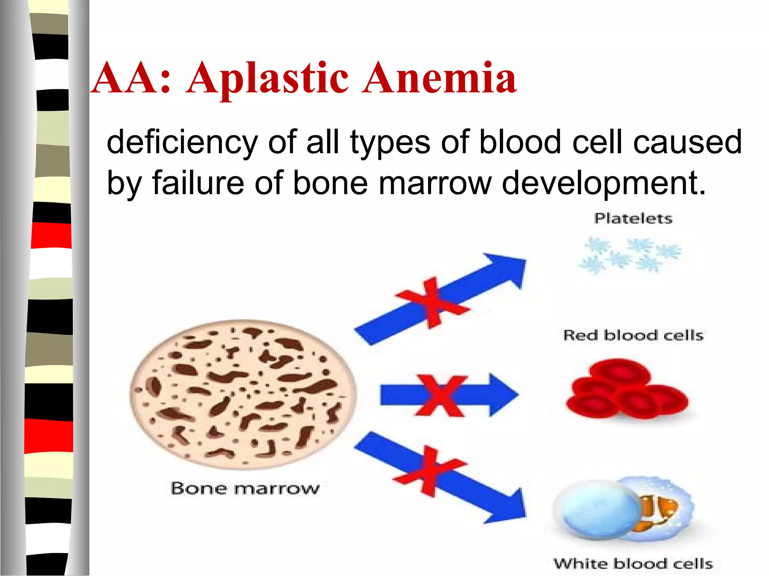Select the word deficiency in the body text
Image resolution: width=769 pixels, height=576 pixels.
pyautogui.click(x=182, y=142)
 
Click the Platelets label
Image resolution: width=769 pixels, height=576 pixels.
pyautogui.click(x=633, y=218)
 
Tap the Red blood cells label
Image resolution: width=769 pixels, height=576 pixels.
pyautogui.click(x=633, y=335)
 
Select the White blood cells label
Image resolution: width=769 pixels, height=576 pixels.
pyautogui.click(x=633, y=564)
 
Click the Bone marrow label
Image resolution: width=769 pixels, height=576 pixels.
pyautogui.click(x=245, y=488)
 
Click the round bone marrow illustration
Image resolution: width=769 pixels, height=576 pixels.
pyautogui.click(x=243, y=394)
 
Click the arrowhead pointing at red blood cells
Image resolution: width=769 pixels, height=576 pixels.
pyautogui.click(x=503, y=394)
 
